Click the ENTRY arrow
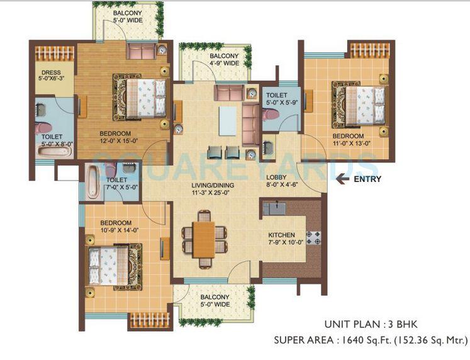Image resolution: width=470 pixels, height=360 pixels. pyautogui.click(x=344, y=179)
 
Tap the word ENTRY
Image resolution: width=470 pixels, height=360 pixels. pyautogui.click(x=367, y=179)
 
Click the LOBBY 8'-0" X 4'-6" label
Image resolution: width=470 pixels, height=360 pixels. pyautogui.click(x=281, y=182)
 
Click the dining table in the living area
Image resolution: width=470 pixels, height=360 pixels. pyautogui.click(x=203, y=237)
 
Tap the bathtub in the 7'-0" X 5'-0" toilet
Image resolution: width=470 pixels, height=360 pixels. pyautogui.click(x=92, y=181)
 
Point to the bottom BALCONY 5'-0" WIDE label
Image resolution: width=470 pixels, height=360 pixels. pyautogui.click(x=215, y=302)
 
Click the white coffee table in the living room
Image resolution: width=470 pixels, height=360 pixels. pyautogui.click(x=227, y=120)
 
